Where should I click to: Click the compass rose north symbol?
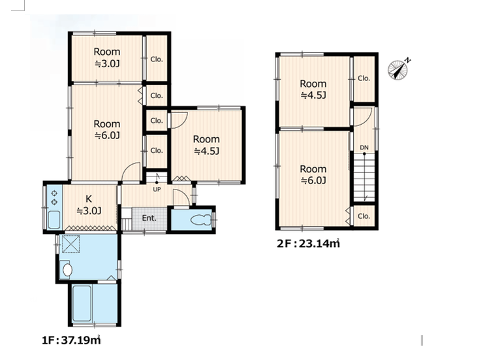pyautogui.click(x=398, y=70)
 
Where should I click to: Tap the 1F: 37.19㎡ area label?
pyautogui.click(x=71, y=340)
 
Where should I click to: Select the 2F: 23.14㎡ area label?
pyautogui.click(x=308, y=243)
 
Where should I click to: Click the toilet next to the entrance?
pyautogui.click(x=200, y=220)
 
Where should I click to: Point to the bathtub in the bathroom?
pyautogui.click(x=82, y=303)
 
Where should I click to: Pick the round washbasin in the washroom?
pyautogui.click(x=67, y=270)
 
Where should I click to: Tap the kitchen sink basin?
pyautogui.click(x=54, y=220)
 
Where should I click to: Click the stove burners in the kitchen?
pyautogui.click(x=54, y=197)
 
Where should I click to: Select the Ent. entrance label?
pyautogui.click(x=149, y=218)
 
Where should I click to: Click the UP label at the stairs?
pyautogui.click(x=157, y=189)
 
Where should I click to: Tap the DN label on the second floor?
pyautogui.click(x=364, y=148)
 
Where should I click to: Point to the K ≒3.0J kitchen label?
pyautogui.click(x=89, y=205)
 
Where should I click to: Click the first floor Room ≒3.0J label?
pyautogui.click(x=107, y=57)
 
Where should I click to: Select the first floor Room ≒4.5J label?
pyautogui.click(x=206, y=145)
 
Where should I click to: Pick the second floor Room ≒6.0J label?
pyautogui.click(x=313, y=174)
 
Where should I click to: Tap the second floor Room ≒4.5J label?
pyautogui.click(x=313, y=89)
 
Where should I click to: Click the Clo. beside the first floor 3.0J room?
pyautogui.click(x=157, y=59)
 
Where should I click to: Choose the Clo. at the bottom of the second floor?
pyautogui.click(x=364, y=216)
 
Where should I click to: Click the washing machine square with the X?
pyautogui.click(x=71, y=244)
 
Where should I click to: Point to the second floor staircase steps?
pyautogui.click(x=364, y=178)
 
